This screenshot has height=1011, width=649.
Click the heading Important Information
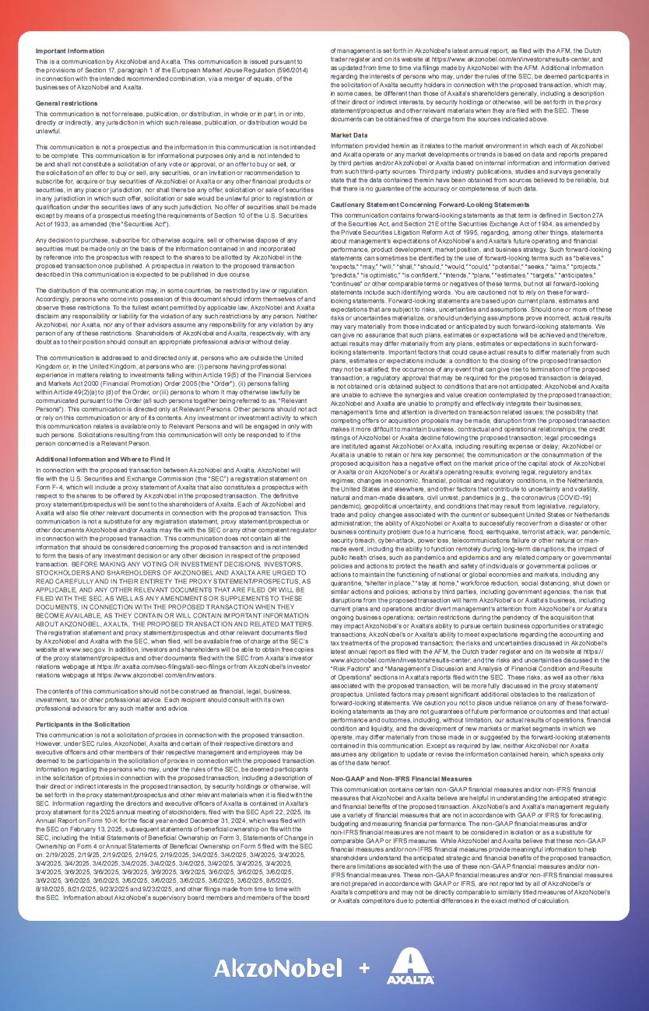tap(70, 51)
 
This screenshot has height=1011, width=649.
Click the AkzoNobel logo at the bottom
tap(278, 968)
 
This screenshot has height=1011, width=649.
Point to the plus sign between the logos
tap(364, 968)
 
